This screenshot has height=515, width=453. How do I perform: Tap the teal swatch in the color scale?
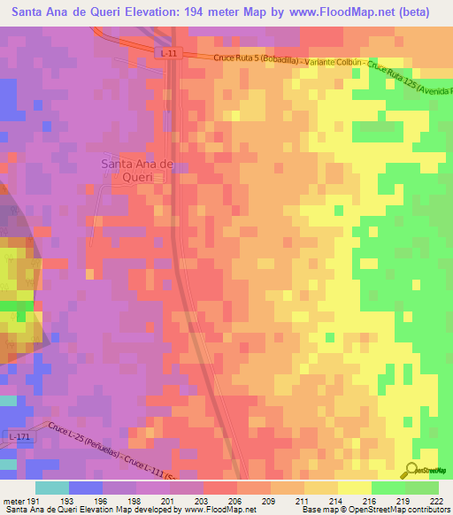52,487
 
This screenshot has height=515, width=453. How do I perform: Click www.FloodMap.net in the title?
351,12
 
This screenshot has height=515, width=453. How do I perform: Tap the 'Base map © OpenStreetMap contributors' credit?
372,510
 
